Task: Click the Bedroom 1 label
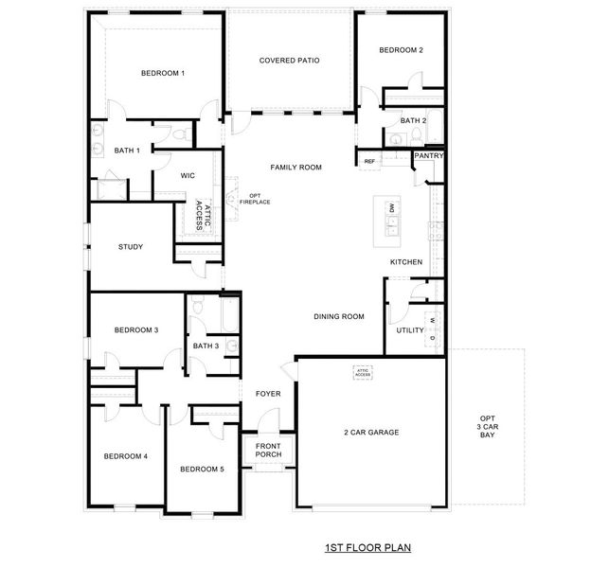[x=163, y=73]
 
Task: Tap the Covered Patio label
[x=289, y=60]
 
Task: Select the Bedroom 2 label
[x=401, y=50]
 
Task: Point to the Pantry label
[x=429, y=155]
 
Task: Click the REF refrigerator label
[x=370, y=162]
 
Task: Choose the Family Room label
[x=296, y=168]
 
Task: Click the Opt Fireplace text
[x=254, y=199]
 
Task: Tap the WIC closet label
[x=188, y=175]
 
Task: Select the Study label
[x=131, y=247]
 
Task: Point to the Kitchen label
[x=405, y=262]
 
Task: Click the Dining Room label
[x=339, y=316]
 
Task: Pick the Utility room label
[x=410, y=330]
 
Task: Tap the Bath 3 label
[x=206, y=346]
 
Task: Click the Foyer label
[x=268, y=393]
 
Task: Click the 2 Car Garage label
[x=370, y=433]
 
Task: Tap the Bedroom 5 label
[x=202, y=469]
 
